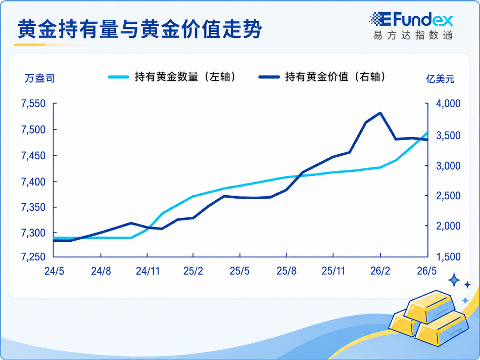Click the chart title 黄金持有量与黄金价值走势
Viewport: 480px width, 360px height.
(139, 29)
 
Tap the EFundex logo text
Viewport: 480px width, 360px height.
(411, 20)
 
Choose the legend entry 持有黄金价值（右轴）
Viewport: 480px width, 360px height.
(322, 77)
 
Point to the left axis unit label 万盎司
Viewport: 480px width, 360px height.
(40, 78)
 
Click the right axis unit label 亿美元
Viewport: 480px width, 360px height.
(440, 79)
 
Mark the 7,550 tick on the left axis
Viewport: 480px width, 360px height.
(33, 104)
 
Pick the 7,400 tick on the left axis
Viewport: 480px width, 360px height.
(33, 182)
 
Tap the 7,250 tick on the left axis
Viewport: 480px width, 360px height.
(33, 257)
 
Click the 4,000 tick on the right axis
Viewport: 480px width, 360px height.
(448, 104)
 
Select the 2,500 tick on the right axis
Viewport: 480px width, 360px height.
(448, 196)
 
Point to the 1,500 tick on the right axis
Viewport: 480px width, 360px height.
(448, 257)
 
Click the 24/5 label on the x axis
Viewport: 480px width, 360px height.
(54, 271)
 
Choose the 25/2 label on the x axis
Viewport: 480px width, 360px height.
(193, 271)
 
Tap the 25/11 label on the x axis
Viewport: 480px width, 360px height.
(333, 271)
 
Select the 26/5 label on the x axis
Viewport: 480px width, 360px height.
(427, 271)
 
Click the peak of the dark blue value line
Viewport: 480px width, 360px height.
(380, 113)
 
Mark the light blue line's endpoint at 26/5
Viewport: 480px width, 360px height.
(427, 132)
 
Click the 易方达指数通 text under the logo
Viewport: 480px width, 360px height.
(413, 35)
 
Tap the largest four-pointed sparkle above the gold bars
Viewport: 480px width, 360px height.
(454, 280)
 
